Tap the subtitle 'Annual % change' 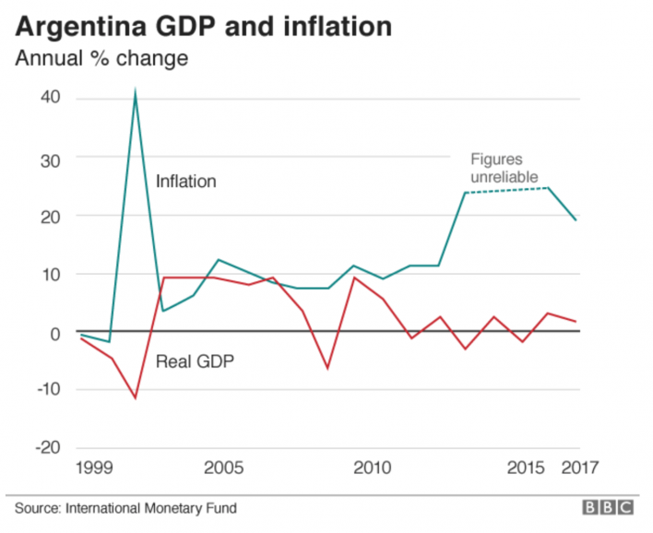point(101,59)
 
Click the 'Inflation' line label point(185,182)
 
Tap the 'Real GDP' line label point(195,361)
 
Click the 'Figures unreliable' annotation point(504,168)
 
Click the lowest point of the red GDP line point(136,398)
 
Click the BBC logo point(606,507)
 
